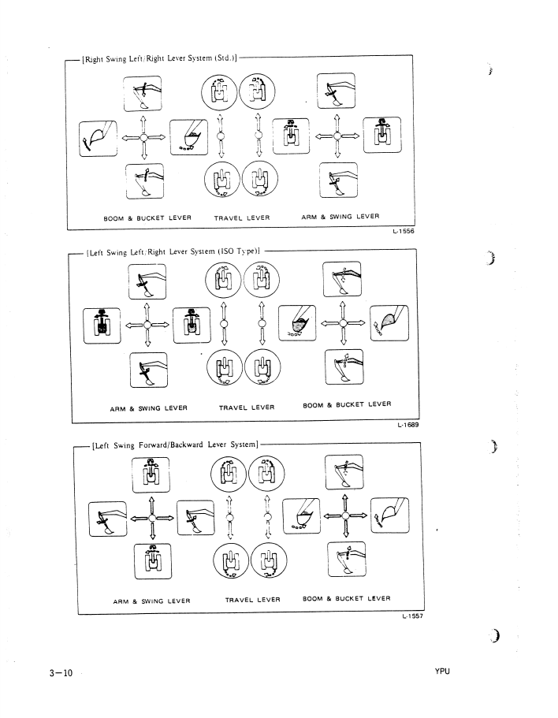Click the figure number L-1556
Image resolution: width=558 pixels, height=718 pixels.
pyautogui.click(x=402, y=232)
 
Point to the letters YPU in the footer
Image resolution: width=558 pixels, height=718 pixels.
pyautogui.click(x=441, y=672)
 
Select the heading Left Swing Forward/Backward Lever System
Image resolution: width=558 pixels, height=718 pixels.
pyautogui.click(x=176, y=445)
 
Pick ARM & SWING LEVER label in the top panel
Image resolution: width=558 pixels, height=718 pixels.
pyautogui.click(x=340, y=217)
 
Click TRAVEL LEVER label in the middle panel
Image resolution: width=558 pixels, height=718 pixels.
pyautogui.click(x=247, y=407)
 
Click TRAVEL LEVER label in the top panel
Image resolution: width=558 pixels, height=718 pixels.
pyautogui.click(x=242, y=218)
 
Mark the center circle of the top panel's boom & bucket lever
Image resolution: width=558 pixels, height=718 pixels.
pyautogui.click(x=143, y=136)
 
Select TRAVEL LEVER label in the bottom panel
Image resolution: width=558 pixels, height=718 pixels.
pyautogui.click(x=252, y=600)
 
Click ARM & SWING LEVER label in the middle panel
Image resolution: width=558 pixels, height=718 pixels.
pyautogui.click(x=148, y=408)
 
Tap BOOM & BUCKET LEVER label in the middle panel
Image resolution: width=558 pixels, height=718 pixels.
pyautogui.click(x=347, y=405)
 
